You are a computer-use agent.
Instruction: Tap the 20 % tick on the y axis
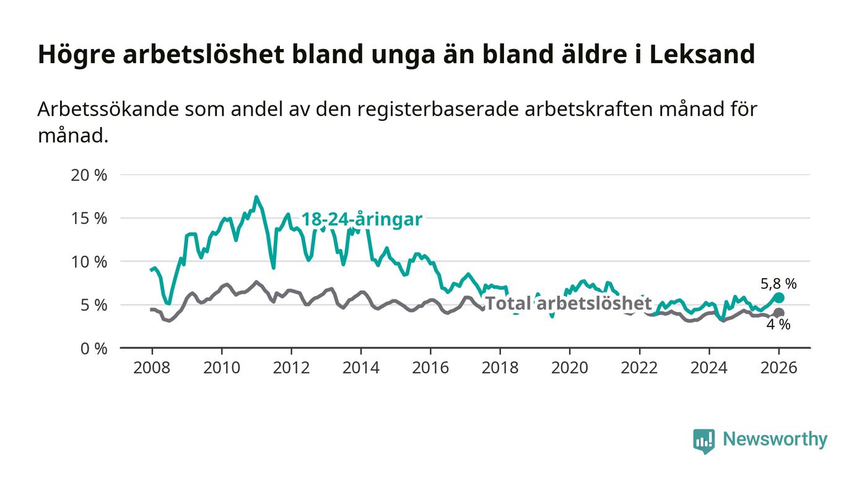tap(90, 175)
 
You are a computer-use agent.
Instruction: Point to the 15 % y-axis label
tap(90, 218)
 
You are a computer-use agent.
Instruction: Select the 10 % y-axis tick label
tap(90, 261)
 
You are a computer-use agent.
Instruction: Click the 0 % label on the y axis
tap(94, 348)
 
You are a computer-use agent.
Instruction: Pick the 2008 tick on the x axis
tap(152, 367)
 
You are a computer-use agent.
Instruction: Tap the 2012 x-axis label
tap(291, 367)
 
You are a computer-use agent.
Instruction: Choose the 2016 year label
tap(430, 367)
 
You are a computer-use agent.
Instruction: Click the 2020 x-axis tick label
tap(570, 367)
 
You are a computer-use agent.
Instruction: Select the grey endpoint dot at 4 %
tap(779, 313)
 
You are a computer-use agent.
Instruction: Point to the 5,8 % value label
tap(778, 284)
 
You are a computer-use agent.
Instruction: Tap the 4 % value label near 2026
tap(778, 325)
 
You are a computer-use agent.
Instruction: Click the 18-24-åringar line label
tap(362, 219)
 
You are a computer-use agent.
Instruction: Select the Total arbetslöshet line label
tap(568, 304)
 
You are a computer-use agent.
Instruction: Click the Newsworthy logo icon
tap(704, 441)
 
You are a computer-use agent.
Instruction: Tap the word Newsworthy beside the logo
tap(775, 439)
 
